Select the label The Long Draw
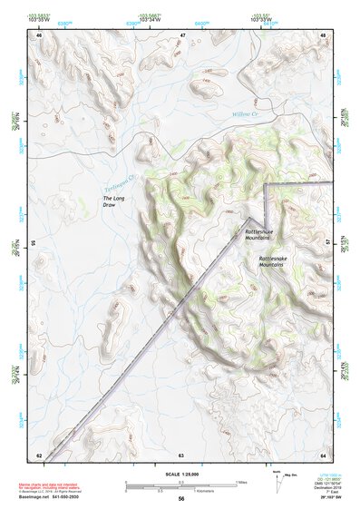click(x=113, y=201)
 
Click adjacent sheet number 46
click(x=38, y=35)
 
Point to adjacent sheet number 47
click(x=181, y=35)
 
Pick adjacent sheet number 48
click(x=323, y=35)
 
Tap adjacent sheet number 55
click(x=34, y=243)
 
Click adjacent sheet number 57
click(x=327, y=243)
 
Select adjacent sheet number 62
click(x=38, y=454)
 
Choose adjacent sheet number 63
click(x=181, y=454)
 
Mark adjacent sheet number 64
click(x=323, y=454)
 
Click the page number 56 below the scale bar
click(x=181, y=499)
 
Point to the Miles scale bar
click(x=181, y=482)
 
